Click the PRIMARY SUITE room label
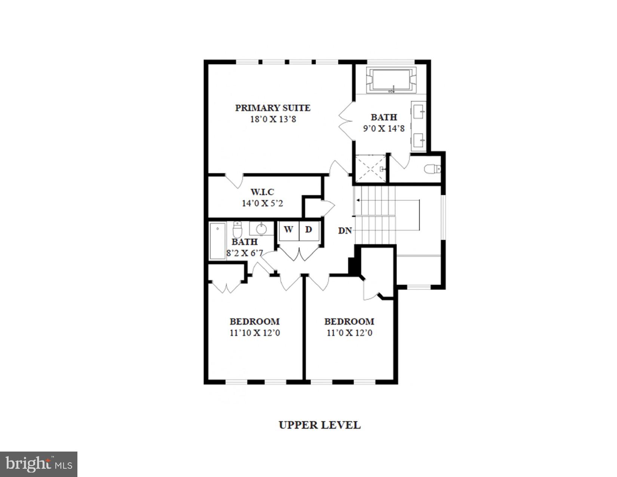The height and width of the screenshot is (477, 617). [x=273, y=108]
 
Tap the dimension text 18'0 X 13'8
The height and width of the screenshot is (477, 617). [x=273, y=120]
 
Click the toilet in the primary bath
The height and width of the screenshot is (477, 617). [x=432, y=169]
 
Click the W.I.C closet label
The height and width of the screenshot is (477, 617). [x=262, y=192]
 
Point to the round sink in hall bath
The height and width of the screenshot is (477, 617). [x=261, y=229]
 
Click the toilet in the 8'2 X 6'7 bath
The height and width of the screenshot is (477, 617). [x=237, y=229]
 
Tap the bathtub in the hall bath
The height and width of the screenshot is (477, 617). [x=217, y=241]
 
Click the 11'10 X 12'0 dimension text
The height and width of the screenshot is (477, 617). [x=255, y=333]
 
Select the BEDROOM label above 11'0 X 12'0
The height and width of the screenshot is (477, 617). [x=349, y=322]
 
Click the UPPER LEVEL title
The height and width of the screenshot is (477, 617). [x=320, y=425]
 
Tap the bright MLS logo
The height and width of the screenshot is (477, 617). [x=39, y=464]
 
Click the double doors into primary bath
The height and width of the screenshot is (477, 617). [x=345, y=121]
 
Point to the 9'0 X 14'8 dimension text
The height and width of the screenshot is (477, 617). [x=384, y=129]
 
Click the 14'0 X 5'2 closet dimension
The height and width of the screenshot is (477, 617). [x=262, y=204]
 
